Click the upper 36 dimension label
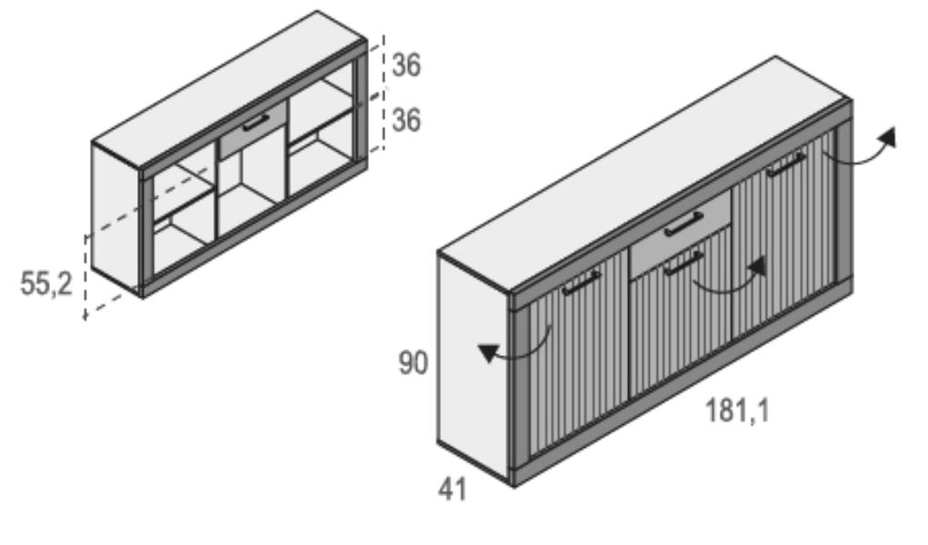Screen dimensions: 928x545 click(406, 64)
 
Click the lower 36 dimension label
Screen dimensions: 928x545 click(406, 120)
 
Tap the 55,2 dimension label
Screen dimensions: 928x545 click(46, 283)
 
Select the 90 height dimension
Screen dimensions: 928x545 click(414, 362)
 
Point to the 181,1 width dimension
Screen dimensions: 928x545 click(737, 410)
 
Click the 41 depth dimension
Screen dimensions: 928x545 click(452, 490)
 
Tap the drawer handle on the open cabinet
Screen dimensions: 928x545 click(255, 123)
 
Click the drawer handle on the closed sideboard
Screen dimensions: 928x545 click(684, 224)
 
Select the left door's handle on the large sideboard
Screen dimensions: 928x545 click(581, 282)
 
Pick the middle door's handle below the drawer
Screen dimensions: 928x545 click(684, 263)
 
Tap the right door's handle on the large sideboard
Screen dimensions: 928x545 click(786, 164)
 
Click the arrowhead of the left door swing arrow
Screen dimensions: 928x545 click(489, 352)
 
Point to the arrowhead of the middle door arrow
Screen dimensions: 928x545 click(757, 266)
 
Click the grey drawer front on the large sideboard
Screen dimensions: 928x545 click(681, 233)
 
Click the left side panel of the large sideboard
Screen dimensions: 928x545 click(474, 368)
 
